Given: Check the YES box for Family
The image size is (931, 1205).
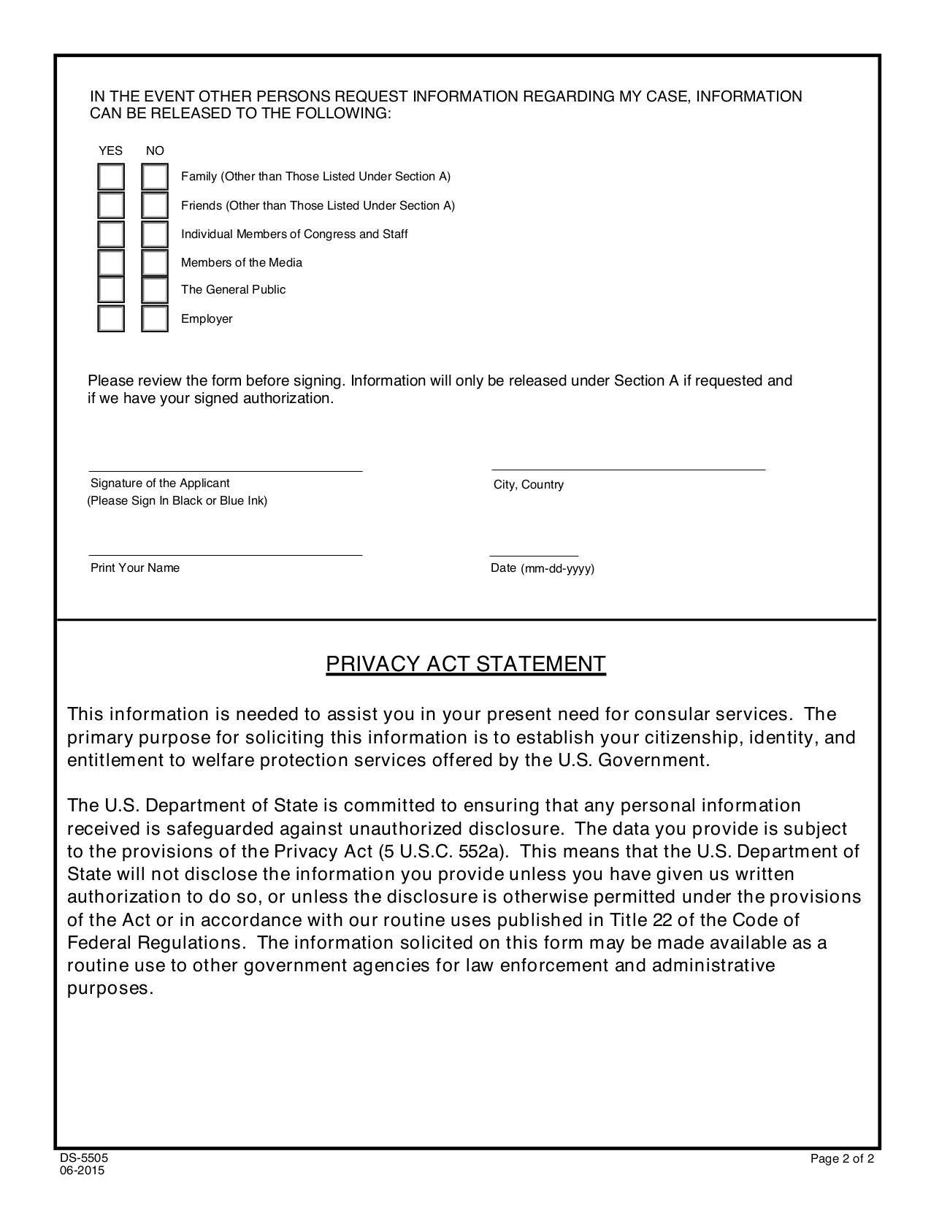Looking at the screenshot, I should point(111,177).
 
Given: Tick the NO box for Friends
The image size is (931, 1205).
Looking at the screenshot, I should point(155,205).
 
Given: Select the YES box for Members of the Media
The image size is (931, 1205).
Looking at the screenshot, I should point(111,262).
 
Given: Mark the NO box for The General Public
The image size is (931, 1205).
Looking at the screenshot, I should point(155,290).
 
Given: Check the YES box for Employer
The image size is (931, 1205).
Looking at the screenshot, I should point(111,319).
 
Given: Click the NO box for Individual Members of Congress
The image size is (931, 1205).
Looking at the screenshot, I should point(155,234).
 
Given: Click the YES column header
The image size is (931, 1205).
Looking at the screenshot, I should point(111,151).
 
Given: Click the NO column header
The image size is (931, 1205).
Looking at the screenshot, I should point(155,151).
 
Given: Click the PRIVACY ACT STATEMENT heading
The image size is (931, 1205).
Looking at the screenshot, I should point(465,664).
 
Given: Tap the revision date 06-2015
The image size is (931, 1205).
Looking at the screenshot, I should point(83,1171).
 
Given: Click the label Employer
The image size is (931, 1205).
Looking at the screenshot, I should point(207,319).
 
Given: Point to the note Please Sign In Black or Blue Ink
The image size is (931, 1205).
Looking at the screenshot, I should point(177,501).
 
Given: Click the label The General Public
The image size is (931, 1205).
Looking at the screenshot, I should point(233,290).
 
